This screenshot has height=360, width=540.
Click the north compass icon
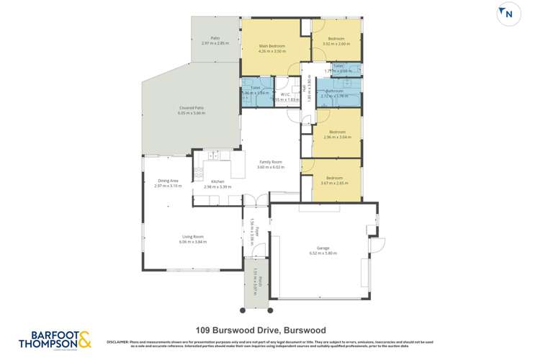(508, 14)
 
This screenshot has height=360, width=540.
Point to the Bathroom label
(335, 91)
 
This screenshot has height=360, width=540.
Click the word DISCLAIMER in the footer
(119, 341)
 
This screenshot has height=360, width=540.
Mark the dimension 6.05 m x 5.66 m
(192, 114)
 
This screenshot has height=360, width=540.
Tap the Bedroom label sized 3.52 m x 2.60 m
(336, 38)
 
